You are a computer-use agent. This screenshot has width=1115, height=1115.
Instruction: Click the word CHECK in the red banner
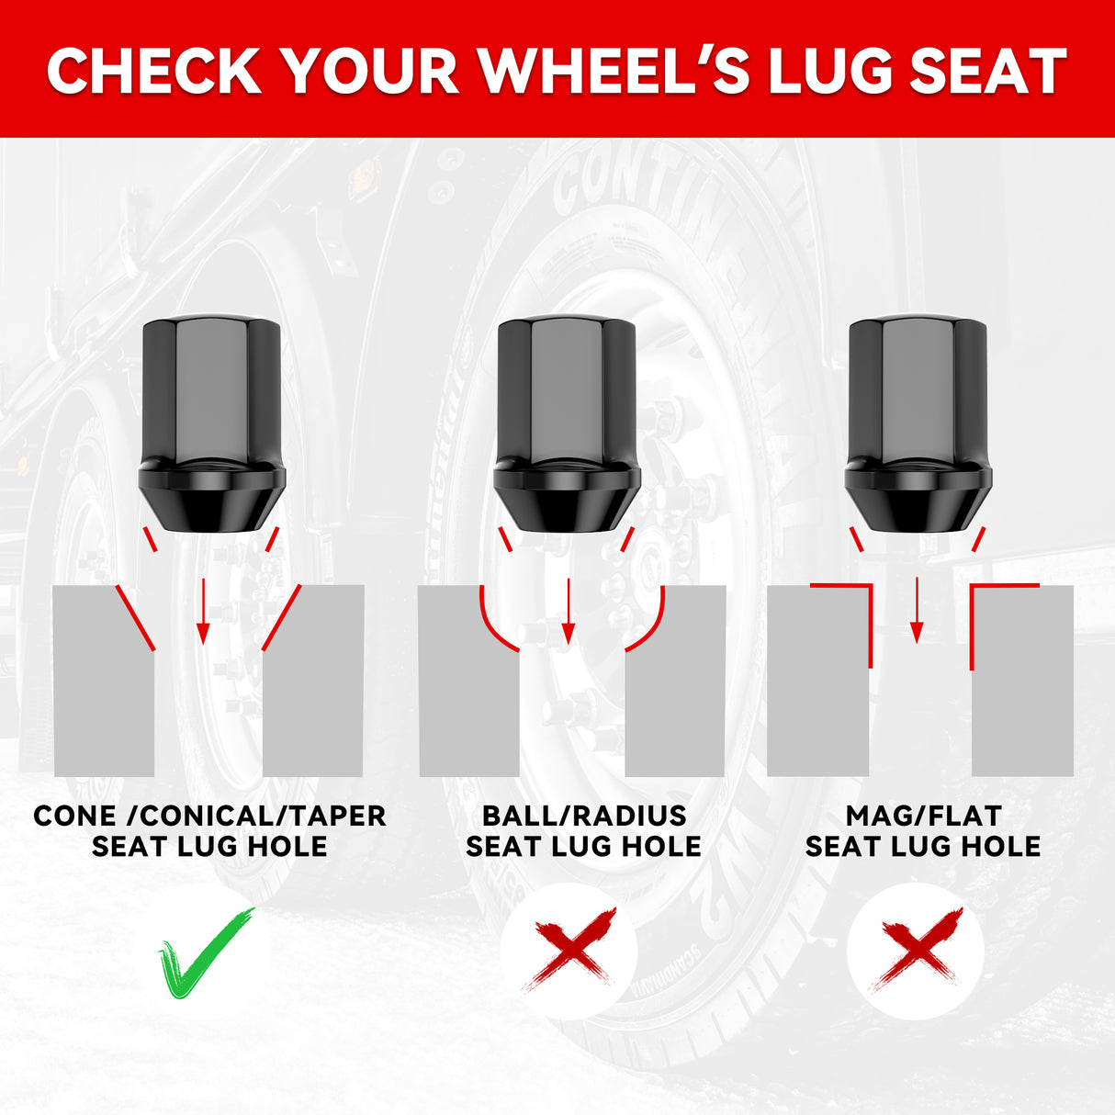click(154, 71)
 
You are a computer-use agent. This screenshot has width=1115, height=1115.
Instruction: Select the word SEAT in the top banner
click(988, 71)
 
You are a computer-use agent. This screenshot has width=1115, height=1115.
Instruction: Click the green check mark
click(206, 952)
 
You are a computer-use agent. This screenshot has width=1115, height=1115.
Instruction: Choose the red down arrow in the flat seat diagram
click(916, 611)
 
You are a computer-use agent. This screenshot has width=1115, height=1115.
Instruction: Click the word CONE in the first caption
click(74, 817)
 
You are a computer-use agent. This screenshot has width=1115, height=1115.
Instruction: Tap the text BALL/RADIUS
click(584, 817)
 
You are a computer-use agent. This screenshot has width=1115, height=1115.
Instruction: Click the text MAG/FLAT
click(923, 817)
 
